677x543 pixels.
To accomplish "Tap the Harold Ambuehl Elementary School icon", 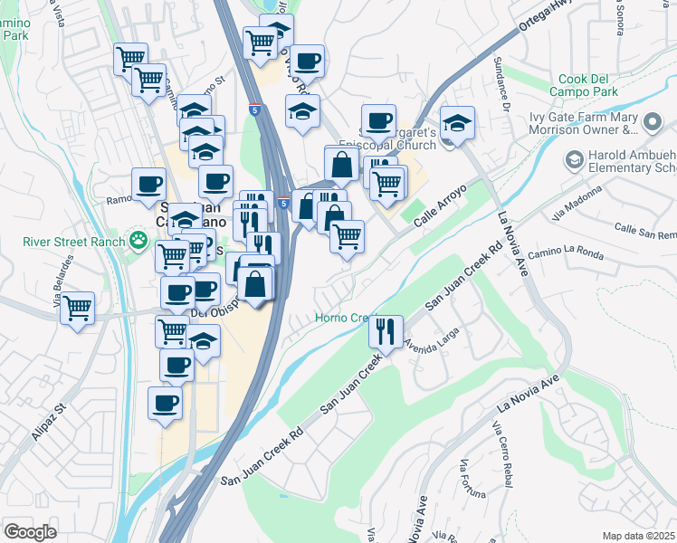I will [574, 160].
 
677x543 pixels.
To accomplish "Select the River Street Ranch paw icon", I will [138, 241].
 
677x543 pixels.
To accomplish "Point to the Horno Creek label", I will [342, 318].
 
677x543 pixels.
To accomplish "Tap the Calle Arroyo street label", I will [440, 206].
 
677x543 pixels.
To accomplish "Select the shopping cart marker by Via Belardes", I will [78, 308].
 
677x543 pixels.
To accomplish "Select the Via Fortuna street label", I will [473, 480].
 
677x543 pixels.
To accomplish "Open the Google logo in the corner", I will [30, 532].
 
